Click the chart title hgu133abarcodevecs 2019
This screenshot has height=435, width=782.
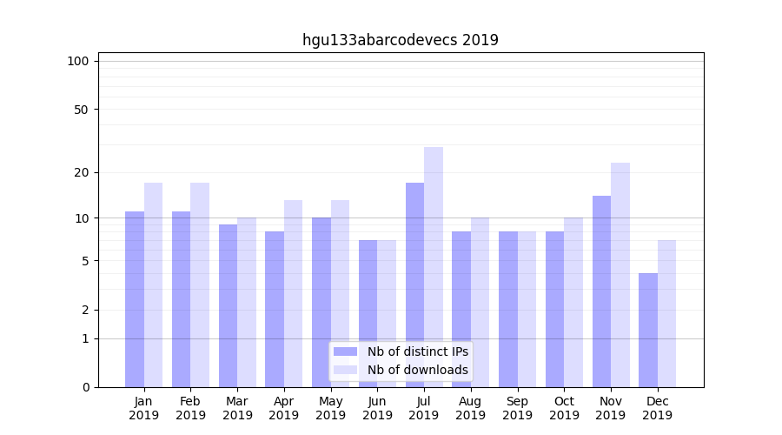(x=400, y=40)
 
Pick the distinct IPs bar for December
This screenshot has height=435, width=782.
(x=648, y=330)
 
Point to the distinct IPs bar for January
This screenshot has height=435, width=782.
(x=135, y=299)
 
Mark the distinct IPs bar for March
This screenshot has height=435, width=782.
(x=228, y=305)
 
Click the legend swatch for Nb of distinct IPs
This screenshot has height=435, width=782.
(x=345, y=351)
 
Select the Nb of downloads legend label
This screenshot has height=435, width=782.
(x=417, y=370)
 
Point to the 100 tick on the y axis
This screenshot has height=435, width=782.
(x=78, y=61)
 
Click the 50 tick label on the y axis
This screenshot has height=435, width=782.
(x=82, y=110)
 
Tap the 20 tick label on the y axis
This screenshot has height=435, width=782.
(x=82, y=172)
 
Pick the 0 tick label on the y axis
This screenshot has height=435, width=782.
(x=85, y=387)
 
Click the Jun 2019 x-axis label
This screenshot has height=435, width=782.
(x=377, y=408)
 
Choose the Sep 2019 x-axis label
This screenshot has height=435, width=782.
(x=517, y=408)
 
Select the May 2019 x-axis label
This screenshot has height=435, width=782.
(x=330, y=408)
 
